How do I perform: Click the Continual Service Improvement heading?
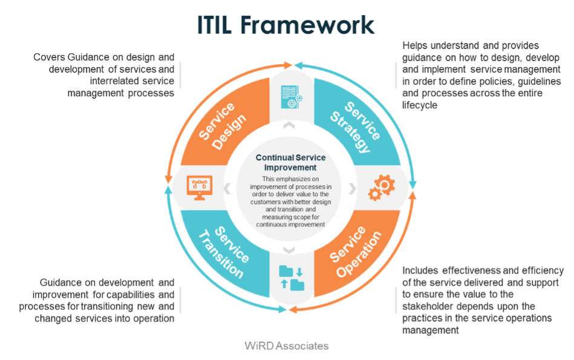pos(286,162)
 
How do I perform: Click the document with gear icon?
pos(289,97)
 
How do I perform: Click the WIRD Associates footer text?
pos(287,346)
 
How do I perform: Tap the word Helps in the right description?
pos(414,46)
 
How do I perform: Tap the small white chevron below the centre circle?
pos(289,249)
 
